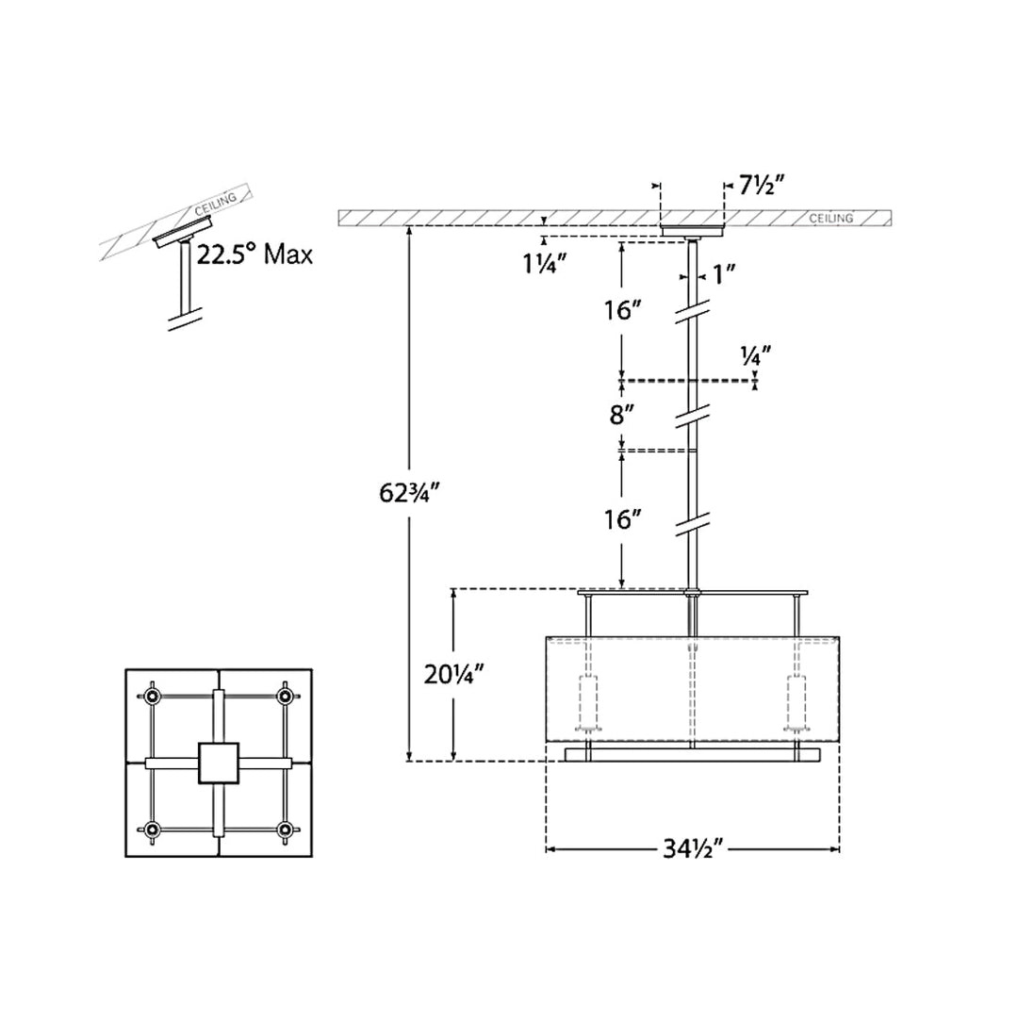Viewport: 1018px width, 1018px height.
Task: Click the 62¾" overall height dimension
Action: pos(410,493)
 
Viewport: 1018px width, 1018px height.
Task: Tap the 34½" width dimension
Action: pos(693,848)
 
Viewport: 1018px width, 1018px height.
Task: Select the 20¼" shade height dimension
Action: pos(453,675)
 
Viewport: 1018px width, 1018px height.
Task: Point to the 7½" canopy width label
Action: pos(762,186)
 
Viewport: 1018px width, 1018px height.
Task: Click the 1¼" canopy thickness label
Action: pos(546,264)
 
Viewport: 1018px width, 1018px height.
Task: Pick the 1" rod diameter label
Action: pos(724,274)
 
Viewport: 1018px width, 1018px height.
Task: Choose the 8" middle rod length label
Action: pos(621,414)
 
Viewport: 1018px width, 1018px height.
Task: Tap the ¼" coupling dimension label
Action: pos(756,355)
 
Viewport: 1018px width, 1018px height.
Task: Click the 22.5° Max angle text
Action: pos(254,254)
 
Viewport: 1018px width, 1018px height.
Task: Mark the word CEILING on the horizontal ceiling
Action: pos(831,218)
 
